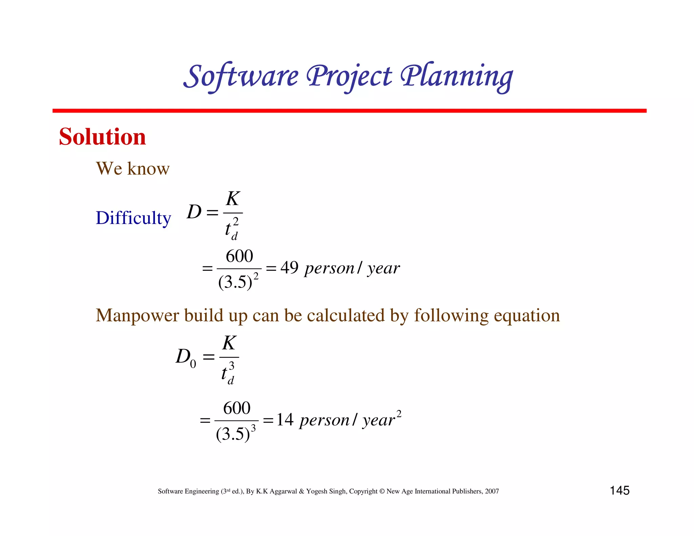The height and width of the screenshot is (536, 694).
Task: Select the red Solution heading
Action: [102, 137]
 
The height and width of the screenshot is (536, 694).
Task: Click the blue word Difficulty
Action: [133, 218]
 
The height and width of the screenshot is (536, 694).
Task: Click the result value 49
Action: [289, 268]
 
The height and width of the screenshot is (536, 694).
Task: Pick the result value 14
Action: [285, 419]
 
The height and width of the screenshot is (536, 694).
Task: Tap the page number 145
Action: [619, 490]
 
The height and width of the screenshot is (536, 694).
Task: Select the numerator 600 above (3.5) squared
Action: [239, 256]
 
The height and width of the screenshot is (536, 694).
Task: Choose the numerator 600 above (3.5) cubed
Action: [237, 408]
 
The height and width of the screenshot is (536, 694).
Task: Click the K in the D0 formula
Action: [229, 343]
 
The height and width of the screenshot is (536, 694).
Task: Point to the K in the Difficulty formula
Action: [233, 199]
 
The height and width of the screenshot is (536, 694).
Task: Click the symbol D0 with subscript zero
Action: [186, 357]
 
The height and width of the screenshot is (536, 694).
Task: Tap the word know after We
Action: [148, 168]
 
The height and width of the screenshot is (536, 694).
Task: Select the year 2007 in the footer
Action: [492, 491]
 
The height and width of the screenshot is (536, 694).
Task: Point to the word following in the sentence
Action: [451, 315]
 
